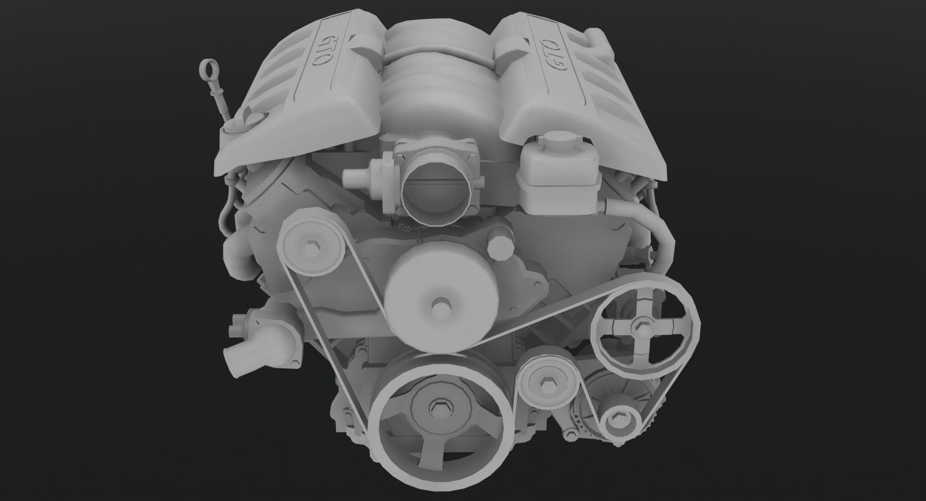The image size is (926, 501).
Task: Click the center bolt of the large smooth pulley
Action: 440,307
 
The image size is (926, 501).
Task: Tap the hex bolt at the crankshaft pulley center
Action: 437,408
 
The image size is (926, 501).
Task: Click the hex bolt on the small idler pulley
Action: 546,384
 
